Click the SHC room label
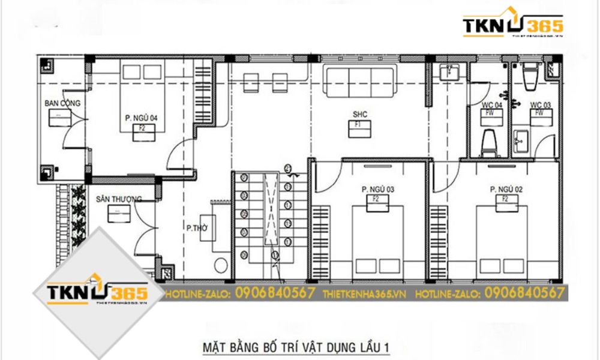pyautogui.click(x=359, y=114)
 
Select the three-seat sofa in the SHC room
pyautogui.click(x=359, y=81)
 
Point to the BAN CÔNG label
pyautogui.click(x=62, y=103)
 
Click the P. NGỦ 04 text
pyautogui.click(x=141, y=118)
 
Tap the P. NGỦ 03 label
pyautogui.click(x=377, y=190)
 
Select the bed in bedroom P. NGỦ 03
pyautogui.click(x=377, y=243)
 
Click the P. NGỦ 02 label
pyautogui.click(x=506, y=190)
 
